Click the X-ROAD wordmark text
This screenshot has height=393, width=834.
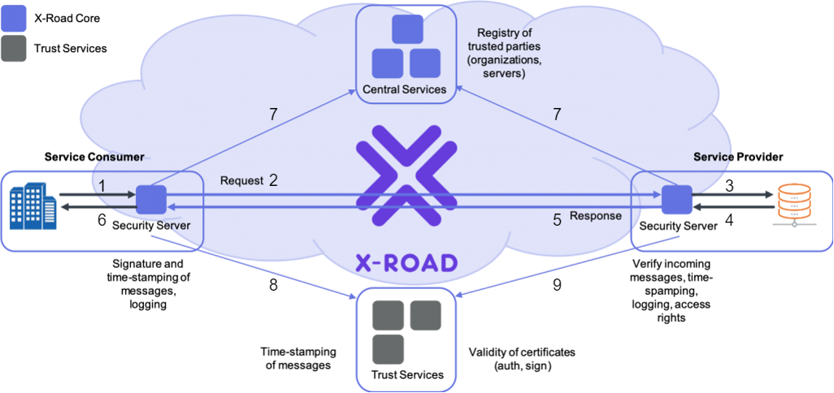click(x=406, y=261)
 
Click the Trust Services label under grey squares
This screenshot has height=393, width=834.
click(x=407, y=374)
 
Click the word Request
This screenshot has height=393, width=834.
click(x=241, y=181)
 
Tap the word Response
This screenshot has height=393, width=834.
click(x=596, y=217)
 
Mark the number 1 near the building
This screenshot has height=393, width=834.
click(x=102, y=186)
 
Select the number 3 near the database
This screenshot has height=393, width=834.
click(x=729, y=186)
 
